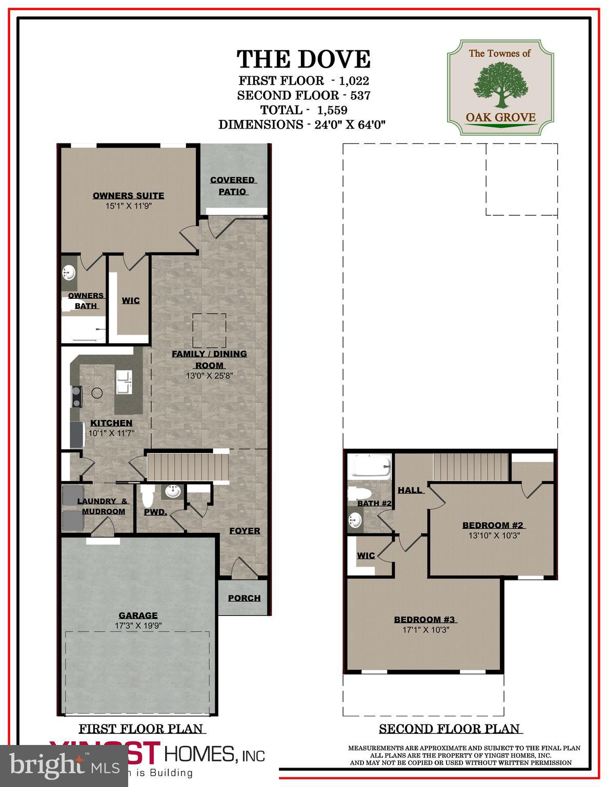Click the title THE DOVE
click(x=303, y=59)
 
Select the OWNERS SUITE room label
click(x=128, y=196)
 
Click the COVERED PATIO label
click(x=233, y=185)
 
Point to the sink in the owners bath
click(x=68, y=273)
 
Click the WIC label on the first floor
click(x=130, y=301)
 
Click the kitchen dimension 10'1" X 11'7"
click(x=111, y=433)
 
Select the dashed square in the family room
click(x=209, y=330)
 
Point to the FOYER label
click(x=245, y=531)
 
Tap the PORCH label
click(x=244, y=598)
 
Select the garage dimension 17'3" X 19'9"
click(x=138, y=626)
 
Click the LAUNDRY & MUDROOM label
click(x=103, y=506)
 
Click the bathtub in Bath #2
click(x=369, y=467)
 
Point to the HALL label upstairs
click(x=410, y=490)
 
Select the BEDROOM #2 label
click(x=493, y=525)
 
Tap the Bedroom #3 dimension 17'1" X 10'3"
click(x=425, y=630)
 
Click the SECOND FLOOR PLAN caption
click(x=449, y=729)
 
